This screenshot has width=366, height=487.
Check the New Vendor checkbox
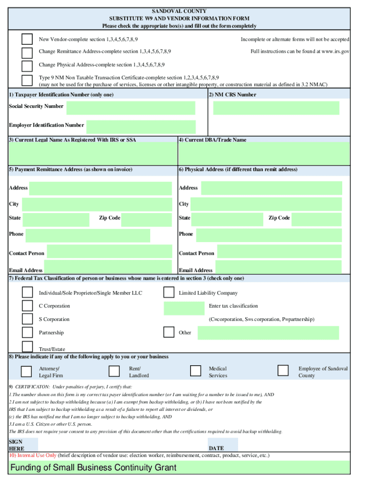(x=28, y=39)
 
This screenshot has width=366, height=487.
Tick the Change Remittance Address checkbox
(x=28, y=52)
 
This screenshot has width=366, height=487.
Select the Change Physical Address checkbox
(x=28, y=66)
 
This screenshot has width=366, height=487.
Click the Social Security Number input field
(x=131, y=108)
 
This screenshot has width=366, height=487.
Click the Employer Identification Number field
(x=141, y=127)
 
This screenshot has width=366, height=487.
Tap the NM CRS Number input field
(x=276, y=108)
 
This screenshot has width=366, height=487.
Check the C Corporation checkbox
(x=28, y=305)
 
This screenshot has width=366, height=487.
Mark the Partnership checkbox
(x=28, y=332)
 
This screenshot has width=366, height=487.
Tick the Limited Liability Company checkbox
(x=169, y=292)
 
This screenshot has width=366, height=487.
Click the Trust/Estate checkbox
(x=28, y=346)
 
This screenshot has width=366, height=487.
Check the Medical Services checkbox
(x=195, y=371)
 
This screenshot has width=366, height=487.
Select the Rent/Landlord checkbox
(x=114, y=371)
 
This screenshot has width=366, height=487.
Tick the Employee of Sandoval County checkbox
(x=283, y=370)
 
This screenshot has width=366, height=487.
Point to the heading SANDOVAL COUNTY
(x=179, y=11)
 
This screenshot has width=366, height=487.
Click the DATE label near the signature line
(x=216, y=448)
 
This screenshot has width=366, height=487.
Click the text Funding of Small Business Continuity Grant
(x=94, y=468)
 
